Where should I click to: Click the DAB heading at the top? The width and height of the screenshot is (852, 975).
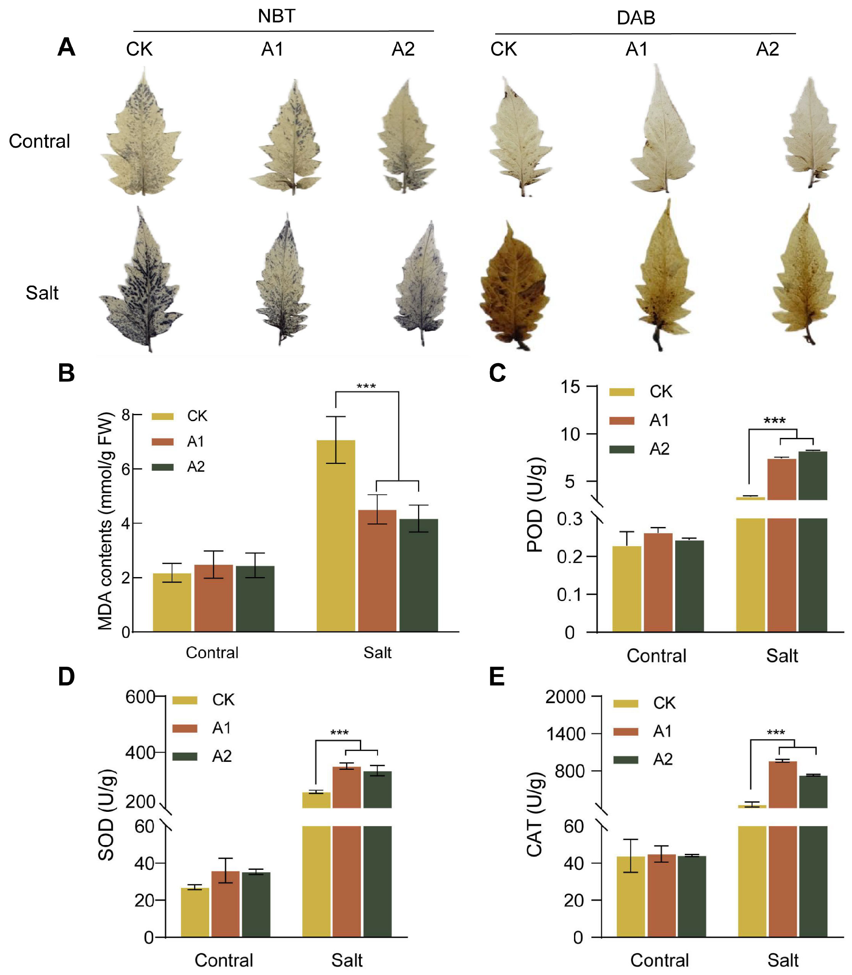(x=636, y=18)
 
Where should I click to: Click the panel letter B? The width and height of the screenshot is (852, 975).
(x=66, y=373)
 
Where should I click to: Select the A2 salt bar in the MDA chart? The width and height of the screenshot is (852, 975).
(x=418, y=575)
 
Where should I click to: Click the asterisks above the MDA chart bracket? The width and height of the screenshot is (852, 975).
(x=366, y=386)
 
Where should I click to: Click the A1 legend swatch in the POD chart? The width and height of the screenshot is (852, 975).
(x=622, y=421)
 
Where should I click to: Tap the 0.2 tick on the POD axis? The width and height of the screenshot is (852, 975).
(x=570, y=557)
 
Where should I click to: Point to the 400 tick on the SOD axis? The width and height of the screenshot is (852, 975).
(x=140, y=753)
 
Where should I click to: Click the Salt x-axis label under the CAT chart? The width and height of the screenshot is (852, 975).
(x=782, y=960)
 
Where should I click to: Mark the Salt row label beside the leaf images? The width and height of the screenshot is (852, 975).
(x=42, y=293)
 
